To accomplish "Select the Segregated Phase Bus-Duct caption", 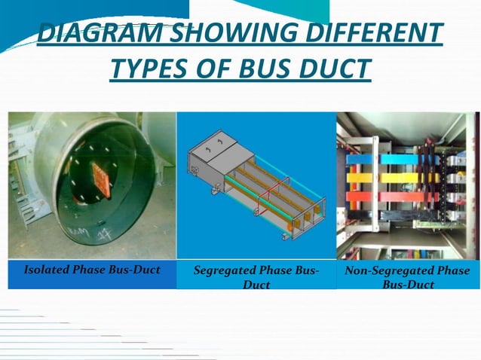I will [x=256, y=277].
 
